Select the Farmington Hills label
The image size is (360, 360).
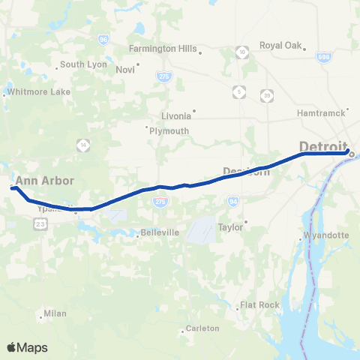162,49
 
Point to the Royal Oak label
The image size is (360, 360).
280,46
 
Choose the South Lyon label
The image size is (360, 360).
82,64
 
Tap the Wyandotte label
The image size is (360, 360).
328,235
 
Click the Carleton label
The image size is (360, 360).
202,328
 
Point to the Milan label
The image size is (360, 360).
55,313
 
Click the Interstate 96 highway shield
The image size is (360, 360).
103,39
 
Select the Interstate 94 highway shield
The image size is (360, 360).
233,201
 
